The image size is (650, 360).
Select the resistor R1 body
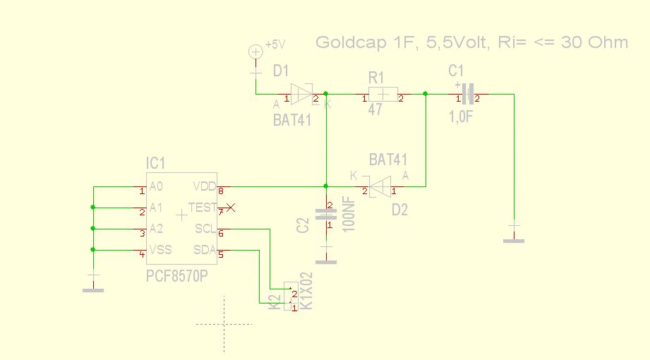pos(383,94)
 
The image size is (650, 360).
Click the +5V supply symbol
pos(256,52)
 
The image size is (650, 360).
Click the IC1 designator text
pos(155,164)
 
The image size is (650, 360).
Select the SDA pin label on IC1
pos(204,249)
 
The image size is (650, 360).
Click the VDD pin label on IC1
pos(204,186)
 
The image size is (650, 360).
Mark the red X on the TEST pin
pos(229,208)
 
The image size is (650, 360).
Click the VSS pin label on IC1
pos(160,249)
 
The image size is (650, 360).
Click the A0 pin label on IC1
pos(157,186)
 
